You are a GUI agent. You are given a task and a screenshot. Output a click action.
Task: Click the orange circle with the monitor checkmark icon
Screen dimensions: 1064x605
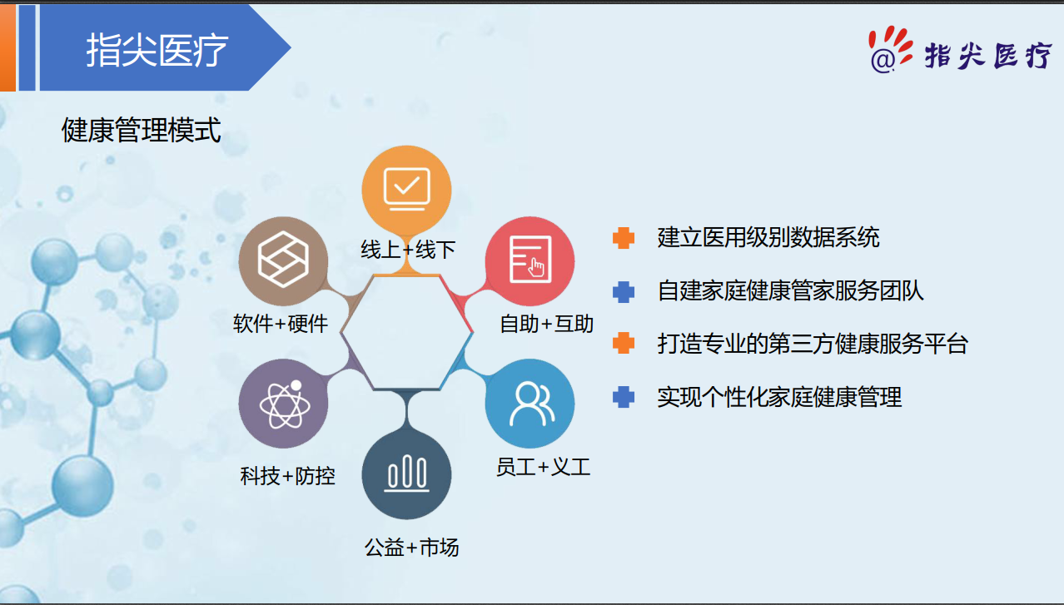click(406, 190)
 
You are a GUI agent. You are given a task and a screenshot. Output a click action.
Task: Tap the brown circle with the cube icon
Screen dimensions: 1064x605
click(283, 261)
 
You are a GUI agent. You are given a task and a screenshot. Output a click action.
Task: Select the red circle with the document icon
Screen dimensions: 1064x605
click(530, 261)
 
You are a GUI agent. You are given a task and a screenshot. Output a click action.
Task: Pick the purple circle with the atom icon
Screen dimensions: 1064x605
click(283, 404)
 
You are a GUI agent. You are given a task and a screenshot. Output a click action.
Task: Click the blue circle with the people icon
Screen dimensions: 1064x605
click(530, 404)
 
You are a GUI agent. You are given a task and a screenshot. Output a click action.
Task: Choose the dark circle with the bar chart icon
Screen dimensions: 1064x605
click(406, 474)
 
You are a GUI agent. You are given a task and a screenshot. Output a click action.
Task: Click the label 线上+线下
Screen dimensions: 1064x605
click(408, 250)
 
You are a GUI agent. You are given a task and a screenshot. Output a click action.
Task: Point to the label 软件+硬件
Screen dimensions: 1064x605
click(281, 324)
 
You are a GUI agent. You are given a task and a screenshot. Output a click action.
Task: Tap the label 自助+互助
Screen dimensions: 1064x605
click(546, 324)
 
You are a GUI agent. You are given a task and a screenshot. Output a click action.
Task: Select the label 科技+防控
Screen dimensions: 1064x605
click(287, 476)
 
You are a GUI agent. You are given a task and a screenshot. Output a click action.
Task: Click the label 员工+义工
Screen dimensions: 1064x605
click(543, 467)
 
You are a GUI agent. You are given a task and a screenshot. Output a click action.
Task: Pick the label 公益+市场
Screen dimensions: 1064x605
click(411, 548)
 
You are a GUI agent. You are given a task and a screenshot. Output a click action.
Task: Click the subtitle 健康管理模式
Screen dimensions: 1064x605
click(141, 130)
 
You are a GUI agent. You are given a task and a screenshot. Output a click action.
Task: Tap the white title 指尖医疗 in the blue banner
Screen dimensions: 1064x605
click(157, 50)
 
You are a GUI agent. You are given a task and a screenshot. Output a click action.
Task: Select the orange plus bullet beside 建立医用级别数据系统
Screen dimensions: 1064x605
click(624, 238)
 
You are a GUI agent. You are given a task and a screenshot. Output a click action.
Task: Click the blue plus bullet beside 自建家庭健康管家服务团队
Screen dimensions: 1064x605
click(624, 291)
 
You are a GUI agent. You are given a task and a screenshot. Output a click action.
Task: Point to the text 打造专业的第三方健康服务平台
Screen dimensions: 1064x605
click(813, 344)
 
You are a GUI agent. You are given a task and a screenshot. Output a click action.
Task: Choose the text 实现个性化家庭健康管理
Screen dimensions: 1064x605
click(779, 397)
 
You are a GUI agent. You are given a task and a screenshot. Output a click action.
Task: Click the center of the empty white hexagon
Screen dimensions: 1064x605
click(406, 332)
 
